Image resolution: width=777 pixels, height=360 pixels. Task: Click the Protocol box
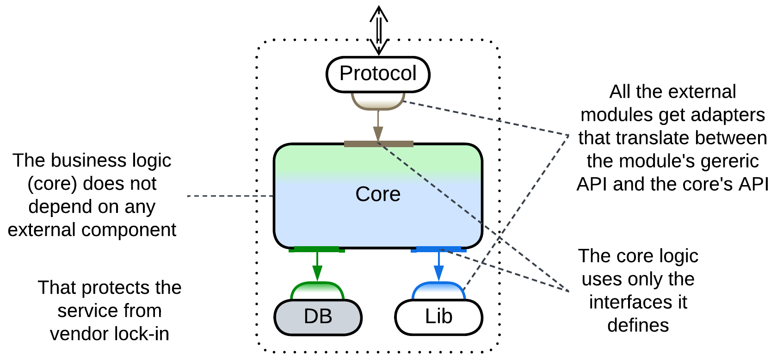tap(378, 74)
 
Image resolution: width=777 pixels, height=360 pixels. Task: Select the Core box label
tap(378, 194)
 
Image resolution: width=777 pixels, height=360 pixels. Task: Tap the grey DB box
tap(318, 317)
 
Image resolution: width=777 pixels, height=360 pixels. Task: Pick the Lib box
tap(438, 317)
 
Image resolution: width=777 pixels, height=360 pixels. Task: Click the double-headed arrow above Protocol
tap(379, 30)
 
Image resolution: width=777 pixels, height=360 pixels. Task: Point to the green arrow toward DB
tap(317, 266)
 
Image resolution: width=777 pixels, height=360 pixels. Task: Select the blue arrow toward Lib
tap(439, 266)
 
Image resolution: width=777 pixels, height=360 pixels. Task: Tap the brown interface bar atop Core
tap(378, 144)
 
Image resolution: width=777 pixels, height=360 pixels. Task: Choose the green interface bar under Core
tap(317, 249)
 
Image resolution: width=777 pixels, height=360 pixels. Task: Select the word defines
tap(638, 325)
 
